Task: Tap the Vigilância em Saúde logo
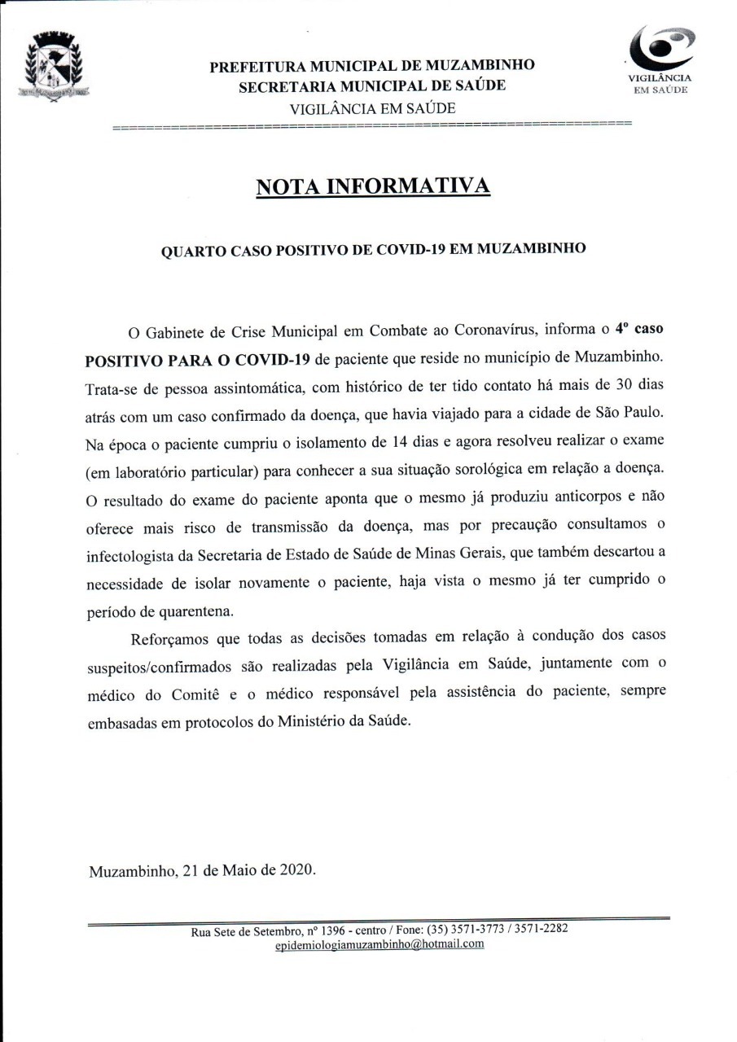click(x=660, y=58)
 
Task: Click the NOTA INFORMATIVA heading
click(x=373, y=186)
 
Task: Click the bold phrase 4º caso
click(x=638, y=331)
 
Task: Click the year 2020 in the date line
click(x=297, y=869)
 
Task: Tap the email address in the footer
click(x=379, y=943)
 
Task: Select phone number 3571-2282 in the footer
click(x=541, y=929)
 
